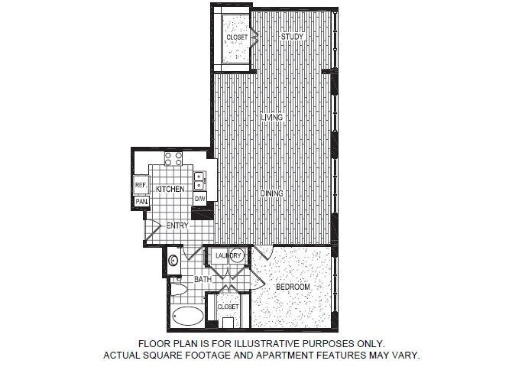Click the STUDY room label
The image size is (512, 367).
[x=290, y=37]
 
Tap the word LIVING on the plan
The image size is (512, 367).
[x=271, y=118]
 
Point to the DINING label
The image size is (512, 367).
[x=271, y=193]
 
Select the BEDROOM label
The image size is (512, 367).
[x=293, y=287]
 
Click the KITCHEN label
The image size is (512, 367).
[x=170, y=188]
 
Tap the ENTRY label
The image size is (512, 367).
[x=177, y=226]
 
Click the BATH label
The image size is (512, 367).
[x=203, y=280]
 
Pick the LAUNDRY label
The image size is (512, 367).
[x=228, y=255]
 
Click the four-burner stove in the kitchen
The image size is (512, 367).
[x=173, y=159]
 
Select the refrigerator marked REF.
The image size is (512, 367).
[x=141, y=186]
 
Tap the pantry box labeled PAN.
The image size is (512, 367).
[x=141, y=201]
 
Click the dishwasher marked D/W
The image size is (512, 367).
[x=199, y=199]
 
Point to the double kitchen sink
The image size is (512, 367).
[x=199, y=180]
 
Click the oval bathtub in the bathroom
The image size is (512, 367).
[x=188, y=316]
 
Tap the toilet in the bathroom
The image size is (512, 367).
[x=176, y=288]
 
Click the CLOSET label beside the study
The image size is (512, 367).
[x=236, y=37]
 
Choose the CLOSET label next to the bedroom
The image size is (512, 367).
[x=228, y=307]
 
